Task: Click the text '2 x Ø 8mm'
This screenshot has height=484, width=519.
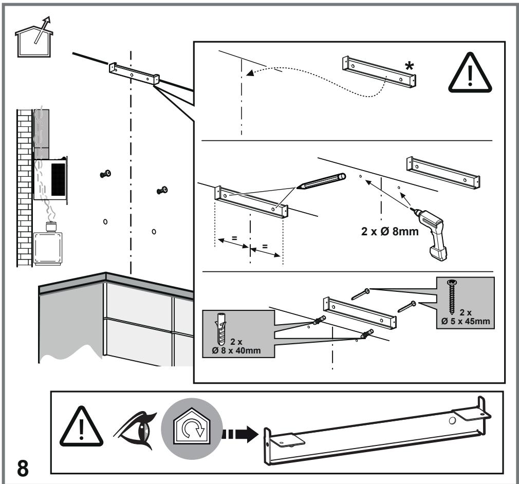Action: coord(391,232)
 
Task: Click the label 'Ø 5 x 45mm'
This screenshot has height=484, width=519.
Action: coord(465,322)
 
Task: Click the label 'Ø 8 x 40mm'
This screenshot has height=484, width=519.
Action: coord(237,351)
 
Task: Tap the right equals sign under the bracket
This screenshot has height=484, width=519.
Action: coord(265,246)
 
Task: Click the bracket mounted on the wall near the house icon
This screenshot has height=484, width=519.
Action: coord(133,73)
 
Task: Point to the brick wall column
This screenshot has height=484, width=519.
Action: coord(24,185)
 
